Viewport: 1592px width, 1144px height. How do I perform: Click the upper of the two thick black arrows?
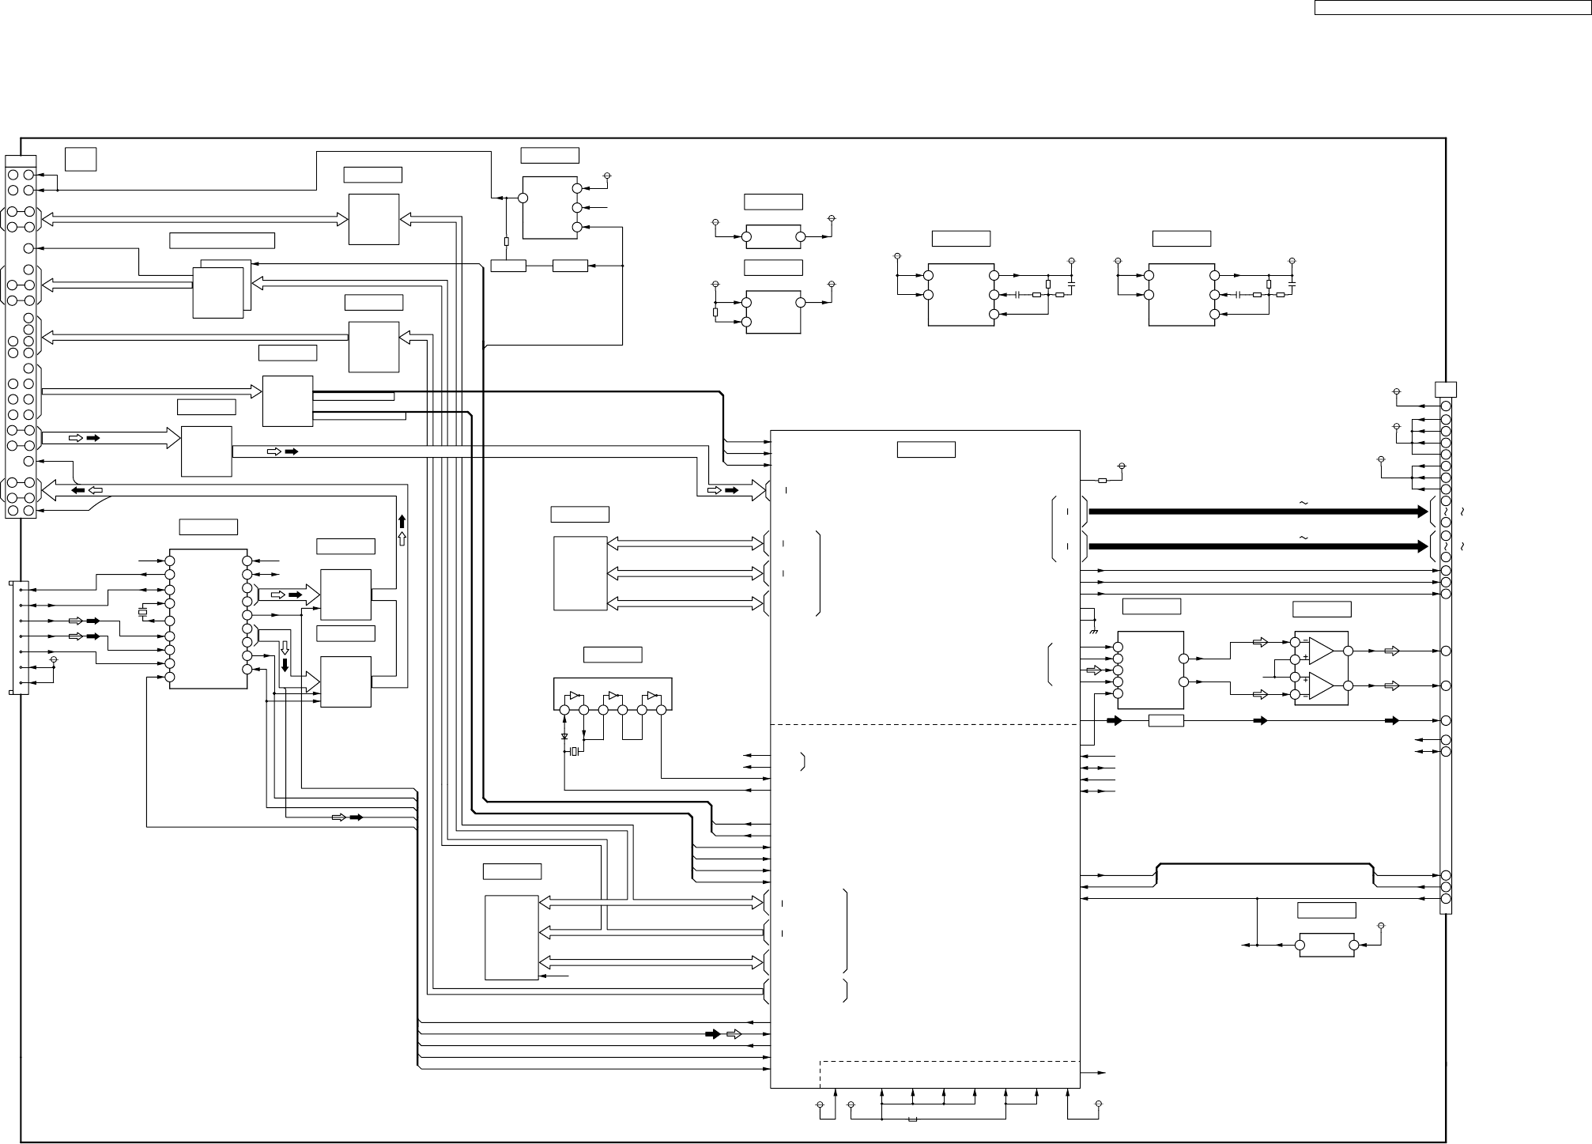[1257, 512]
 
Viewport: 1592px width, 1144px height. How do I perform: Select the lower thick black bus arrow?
[1257, 546]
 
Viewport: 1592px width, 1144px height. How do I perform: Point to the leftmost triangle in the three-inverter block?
[575, 697]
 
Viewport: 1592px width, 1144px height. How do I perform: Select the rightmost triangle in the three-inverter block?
[652, 697]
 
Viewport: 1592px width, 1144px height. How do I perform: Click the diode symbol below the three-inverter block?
[564, 736]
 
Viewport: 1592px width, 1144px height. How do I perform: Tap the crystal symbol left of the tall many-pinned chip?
[143, 612]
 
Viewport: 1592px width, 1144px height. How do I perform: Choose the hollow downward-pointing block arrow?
[285, 648]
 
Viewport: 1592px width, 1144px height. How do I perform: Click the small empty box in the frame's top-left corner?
[81, 158]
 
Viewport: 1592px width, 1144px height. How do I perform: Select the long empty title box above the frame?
[1453, 8]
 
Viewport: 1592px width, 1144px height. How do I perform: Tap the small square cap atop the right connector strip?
[1446, 389]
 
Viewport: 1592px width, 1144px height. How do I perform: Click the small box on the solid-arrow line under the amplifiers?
[1165, 720]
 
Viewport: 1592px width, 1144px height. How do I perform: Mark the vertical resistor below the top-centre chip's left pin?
[506, 242]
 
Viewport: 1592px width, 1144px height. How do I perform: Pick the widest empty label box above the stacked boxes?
[222, 241]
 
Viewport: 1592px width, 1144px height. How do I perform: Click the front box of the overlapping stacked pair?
[218, 293]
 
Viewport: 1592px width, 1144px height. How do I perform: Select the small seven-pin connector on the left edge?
[21, 638]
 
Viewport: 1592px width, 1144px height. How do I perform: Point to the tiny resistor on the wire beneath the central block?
[912, 1119]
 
